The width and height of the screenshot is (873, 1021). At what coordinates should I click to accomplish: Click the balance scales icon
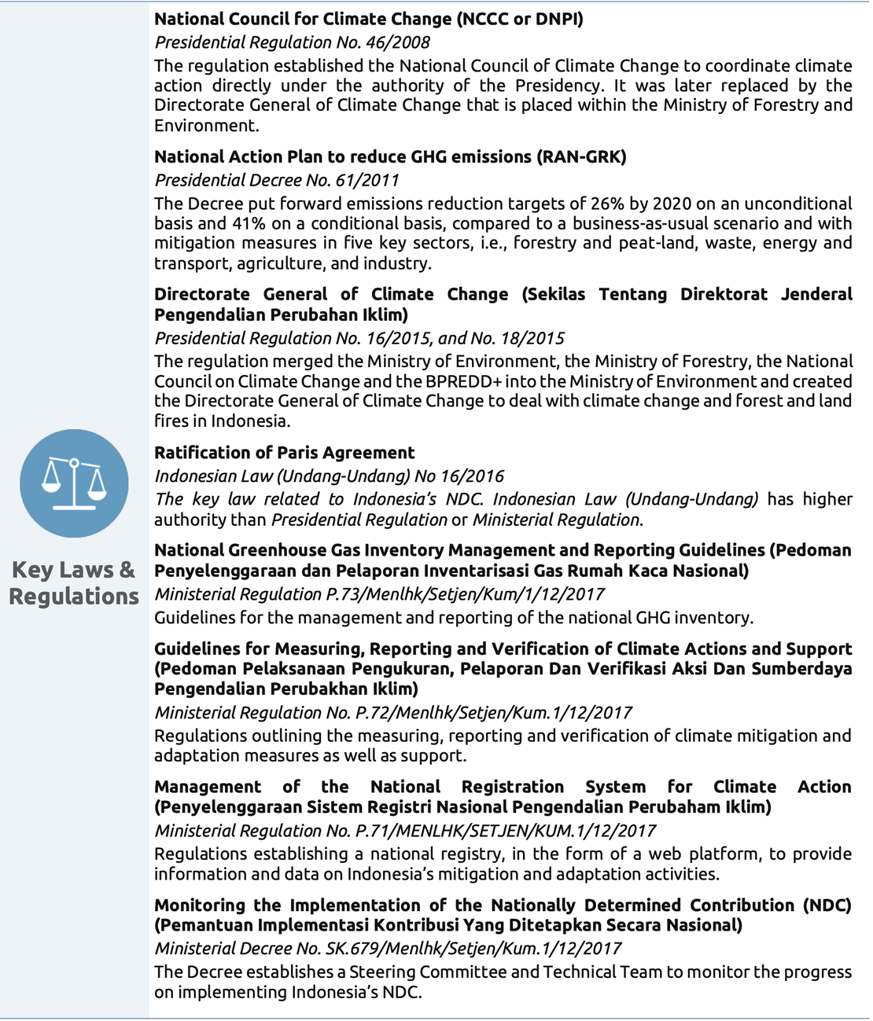(x=74, y=483)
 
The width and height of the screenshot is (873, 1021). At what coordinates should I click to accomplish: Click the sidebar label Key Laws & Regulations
(x=74, y=583)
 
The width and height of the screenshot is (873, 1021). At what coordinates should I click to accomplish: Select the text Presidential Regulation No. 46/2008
(x=292, y=42)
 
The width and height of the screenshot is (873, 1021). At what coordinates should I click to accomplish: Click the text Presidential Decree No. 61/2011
(x=277, y=180)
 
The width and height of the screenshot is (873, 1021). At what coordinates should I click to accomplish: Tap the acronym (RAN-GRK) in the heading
(x=581, y=156)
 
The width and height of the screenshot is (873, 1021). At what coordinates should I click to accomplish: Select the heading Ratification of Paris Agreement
(x=284, y=453)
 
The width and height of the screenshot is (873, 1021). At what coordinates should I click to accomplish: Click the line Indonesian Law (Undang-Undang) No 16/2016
(x=329, y=476)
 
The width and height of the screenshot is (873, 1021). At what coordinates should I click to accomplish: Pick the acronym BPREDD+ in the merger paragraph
(x=453, y=381)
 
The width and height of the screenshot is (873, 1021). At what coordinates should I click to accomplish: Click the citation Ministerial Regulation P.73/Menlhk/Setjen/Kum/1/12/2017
(x=379, y=594)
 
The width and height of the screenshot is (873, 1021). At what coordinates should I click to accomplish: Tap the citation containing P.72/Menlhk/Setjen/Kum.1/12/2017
(x=392, y=713)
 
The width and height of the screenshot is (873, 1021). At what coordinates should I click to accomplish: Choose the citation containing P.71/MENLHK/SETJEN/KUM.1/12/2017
(x=404, y=831)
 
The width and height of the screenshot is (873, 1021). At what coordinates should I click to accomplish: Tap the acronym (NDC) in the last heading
(x=827, y=905)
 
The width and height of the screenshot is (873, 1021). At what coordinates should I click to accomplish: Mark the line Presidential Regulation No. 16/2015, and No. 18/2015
(x=359, y=338)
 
